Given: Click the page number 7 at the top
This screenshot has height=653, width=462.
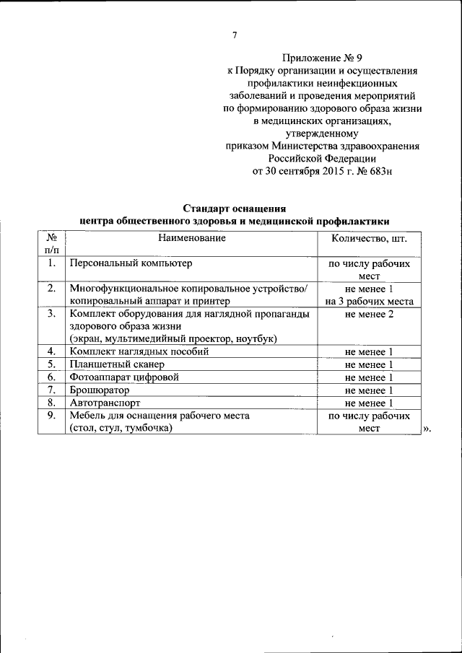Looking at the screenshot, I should [235, 35].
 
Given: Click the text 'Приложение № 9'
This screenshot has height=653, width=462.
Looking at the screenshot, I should [321, 57].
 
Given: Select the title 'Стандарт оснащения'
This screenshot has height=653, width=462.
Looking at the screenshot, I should [235, 209].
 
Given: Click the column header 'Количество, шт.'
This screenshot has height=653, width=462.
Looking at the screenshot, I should [368, 238].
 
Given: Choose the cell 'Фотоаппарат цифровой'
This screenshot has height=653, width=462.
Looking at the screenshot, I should [123, 377].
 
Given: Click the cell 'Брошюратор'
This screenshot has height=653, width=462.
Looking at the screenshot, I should [98, 390].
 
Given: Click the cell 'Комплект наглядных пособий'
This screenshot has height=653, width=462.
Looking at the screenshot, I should [139, 351].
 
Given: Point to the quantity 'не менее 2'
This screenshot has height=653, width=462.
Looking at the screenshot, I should [369, 314].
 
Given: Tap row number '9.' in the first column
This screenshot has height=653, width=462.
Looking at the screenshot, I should [51, 416].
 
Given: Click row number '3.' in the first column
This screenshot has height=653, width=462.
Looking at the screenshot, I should [51, 314].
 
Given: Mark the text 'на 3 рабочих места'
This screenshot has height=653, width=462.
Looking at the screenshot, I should [369, 302].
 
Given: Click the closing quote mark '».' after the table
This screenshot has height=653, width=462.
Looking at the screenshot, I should [427, 429].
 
